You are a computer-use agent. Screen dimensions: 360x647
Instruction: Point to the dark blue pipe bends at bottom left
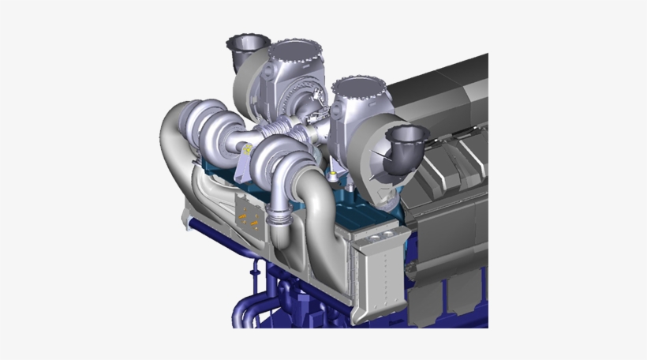[x=252, y=312]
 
